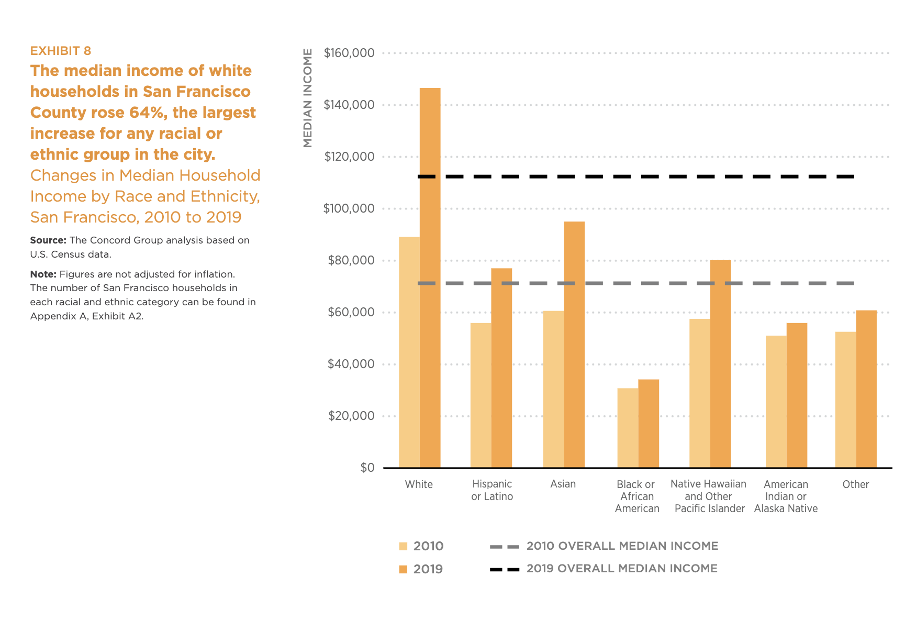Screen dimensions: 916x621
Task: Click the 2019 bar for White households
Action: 430,278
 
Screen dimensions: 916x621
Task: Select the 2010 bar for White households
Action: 409,352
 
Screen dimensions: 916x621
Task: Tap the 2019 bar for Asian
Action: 574,345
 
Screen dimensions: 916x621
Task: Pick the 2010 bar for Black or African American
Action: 628,428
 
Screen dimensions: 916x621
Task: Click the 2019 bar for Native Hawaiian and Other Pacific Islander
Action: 720,364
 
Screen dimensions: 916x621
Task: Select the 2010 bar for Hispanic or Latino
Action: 481,395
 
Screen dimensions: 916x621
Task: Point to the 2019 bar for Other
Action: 866,389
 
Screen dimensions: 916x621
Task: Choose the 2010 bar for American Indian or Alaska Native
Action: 776,402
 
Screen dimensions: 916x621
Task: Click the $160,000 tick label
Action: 349,53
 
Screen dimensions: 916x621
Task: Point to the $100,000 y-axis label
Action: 349,208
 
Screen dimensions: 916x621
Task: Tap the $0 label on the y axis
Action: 367,468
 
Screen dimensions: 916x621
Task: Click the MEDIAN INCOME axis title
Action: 308,98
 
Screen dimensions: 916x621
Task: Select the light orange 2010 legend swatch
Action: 403,546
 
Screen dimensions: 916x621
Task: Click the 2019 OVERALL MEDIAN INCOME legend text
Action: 622,569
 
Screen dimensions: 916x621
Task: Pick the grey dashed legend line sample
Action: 505,547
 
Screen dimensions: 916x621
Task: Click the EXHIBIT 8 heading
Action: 61,51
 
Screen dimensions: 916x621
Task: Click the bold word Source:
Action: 48,240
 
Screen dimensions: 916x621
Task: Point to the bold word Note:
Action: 43,274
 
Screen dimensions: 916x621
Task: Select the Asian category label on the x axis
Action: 563,484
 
